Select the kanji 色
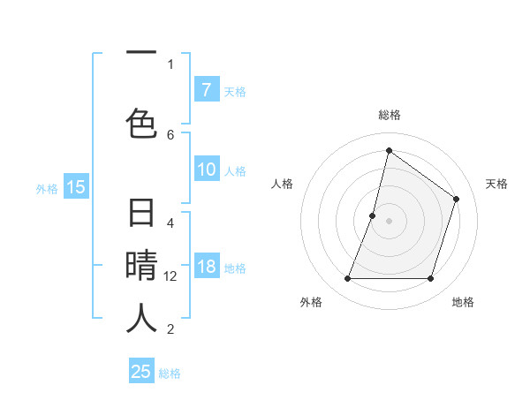tap(141, 123)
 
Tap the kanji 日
tap(141, 215)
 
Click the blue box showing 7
tap(206, 90)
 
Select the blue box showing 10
tap(206, 170)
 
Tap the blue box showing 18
tap(206, 268)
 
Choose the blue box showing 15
tap(76, 187)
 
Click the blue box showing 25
tap(141, 372)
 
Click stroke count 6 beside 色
tap(170, 134)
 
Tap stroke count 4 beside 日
tap(170, 223)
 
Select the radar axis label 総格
tap(390, 115)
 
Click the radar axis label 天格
tap(496, 184)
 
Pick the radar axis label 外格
tap(311, 302)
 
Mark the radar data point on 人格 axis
tap(373, 215)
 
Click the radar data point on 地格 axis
tap(430, 279)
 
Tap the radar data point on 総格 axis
tap(389, 150)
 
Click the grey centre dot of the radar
tap(389, 221)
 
